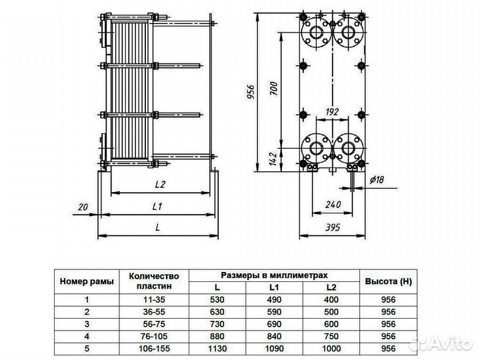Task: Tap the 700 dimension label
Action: tap(273, 89)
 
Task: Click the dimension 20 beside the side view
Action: tap(83, 207)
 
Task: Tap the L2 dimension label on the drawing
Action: tap(159, 183)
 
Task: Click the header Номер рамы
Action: tap(87, 281)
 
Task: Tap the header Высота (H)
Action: tap(389, 281)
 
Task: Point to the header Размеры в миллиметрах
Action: tap(274, 275)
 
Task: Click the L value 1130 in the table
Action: tap(217, 347)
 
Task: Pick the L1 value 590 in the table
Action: tap(274, 311)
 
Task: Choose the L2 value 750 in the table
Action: tap(331, 335)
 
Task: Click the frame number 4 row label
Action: tap(87, 335)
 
